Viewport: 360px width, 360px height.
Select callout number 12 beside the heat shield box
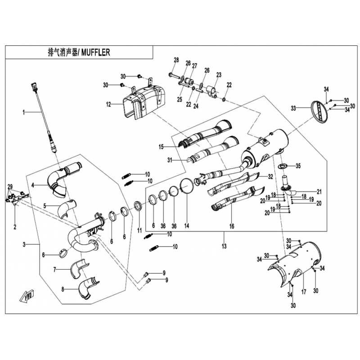[108, 104]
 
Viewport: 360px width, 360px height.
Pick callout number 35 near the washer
[297, 166]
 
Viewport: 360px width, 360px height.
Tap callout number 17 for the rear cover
[303, 291]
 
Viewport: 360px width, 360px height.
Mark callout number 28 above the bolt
[176, 60]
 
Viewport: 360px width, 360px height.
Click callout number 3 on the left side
[25, 244]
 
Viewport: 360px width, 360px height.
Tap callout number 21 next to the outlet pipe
[319, 191]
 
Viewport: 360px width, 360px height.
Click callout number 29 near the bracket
[10, 186]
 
